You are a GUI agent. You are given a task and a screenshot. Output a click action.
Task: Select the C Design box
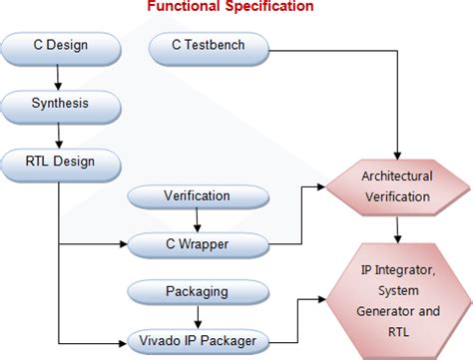tap(60, 45)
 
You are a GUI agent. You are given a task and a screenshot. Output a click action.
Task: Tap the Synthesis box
tap(60, 102)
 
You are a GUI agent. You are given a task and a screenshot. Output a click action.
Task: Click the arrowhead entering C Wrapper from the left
tap(125, 242)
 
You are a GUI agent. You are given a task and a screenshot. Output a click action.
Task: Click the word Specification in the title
tap(268, 8)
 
